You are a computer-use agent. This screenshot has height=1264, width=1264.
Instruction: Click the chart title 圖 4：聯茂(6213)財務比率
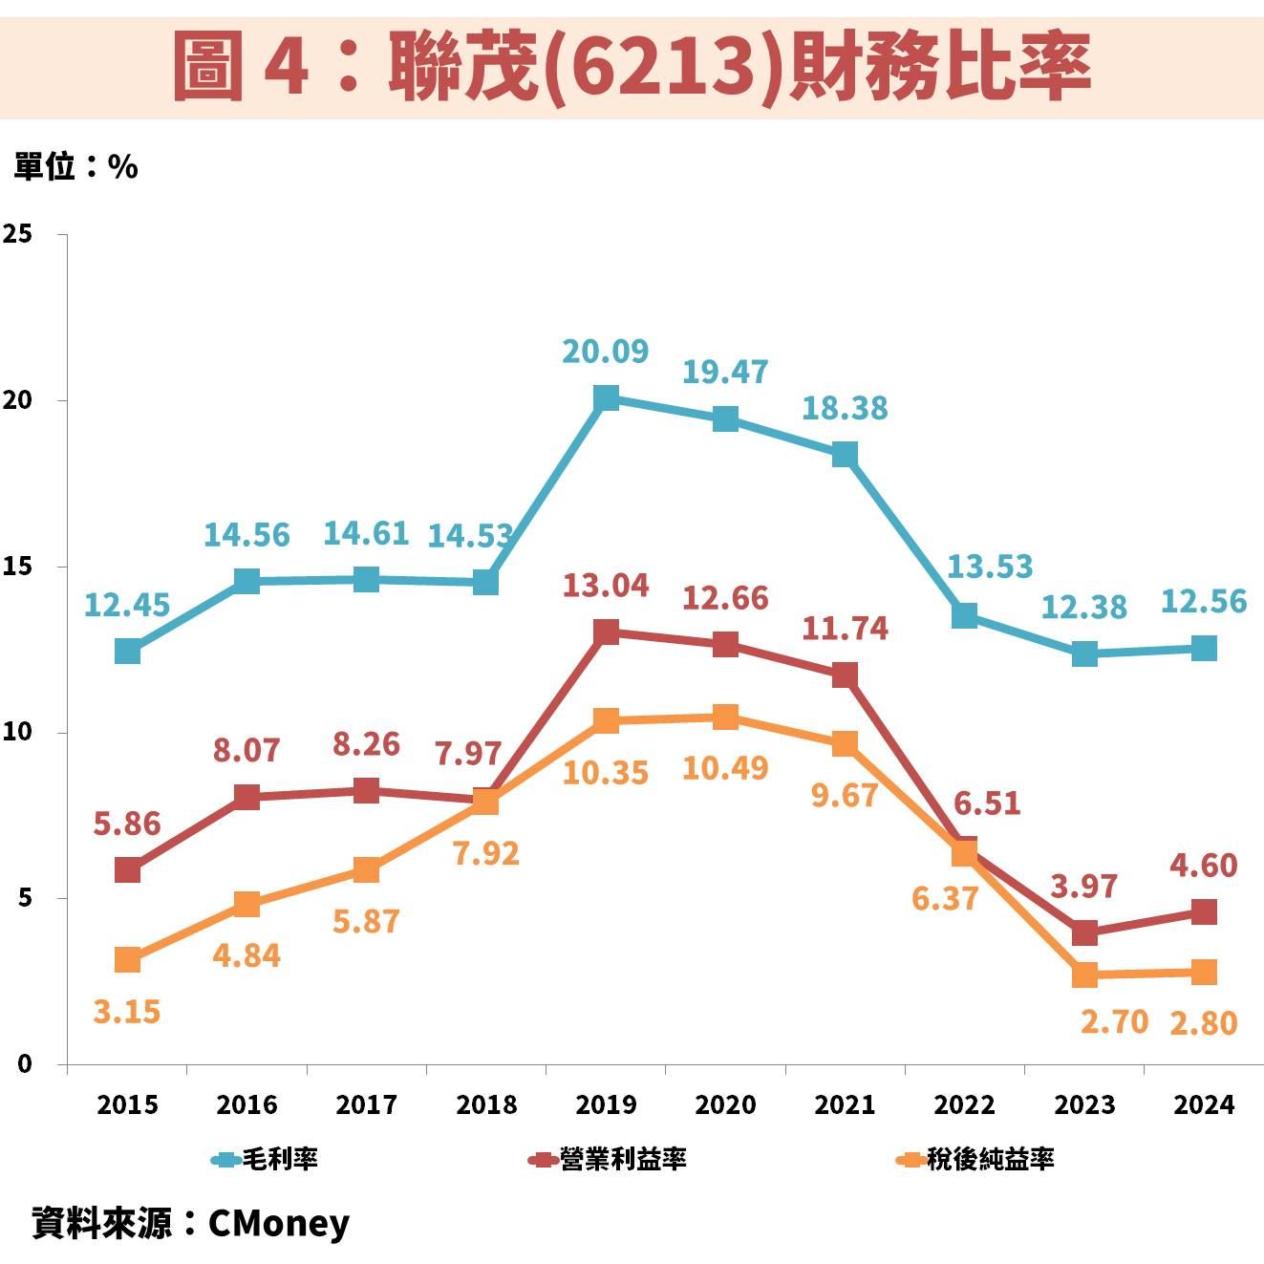point(632,65)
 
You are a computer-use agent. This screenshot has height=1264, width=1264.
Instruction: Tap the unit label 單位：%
point(75,167)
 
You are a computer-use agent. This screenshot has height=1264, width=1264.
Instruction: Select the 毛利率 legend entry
point(266,1160)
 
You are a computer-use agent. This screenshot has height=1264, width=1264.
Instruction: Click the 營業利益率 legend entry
point(608,1160)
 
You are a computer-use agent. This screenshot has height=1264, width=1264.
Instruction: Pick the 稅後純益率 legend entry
point(975,1160)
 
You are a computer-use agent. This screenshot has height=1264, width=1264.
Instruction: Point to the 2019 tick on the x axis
point(606,1104)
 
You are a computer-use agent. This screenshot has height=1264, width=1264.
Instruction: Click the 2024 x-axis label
point(1204,1104)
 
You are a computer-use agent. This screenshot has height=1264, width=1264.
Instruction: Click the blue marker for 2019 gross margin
point(606,397)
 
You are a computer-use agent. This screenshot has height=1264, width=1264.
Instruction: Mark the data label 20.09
point(605,352)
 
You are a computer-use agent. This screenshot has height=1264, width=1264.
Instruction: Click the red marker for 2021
point(845,675)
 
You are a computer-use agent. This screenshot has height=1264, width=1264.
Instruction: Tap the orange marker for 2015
point(127,960)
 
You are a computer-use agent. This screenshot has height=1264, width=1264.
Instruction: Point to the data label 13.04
point(605,585)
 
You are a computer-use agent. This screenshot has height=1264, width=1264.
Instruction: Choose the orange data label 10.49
point(725,767)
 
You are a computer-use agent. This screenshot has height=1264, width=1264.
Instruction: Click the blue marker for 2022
point(965,615)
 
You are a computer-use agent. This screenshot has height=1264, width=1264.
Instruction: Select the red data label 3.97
point(1083,887)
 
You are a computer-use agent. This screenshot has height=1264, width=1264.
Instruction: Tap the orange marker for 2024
point(1204,973)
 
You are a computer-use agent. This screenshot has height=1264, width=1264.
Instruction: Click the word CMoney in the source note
point(279,1223)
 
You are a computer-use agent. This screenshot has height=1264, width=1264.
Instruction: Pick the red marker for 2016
point(246,797)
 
